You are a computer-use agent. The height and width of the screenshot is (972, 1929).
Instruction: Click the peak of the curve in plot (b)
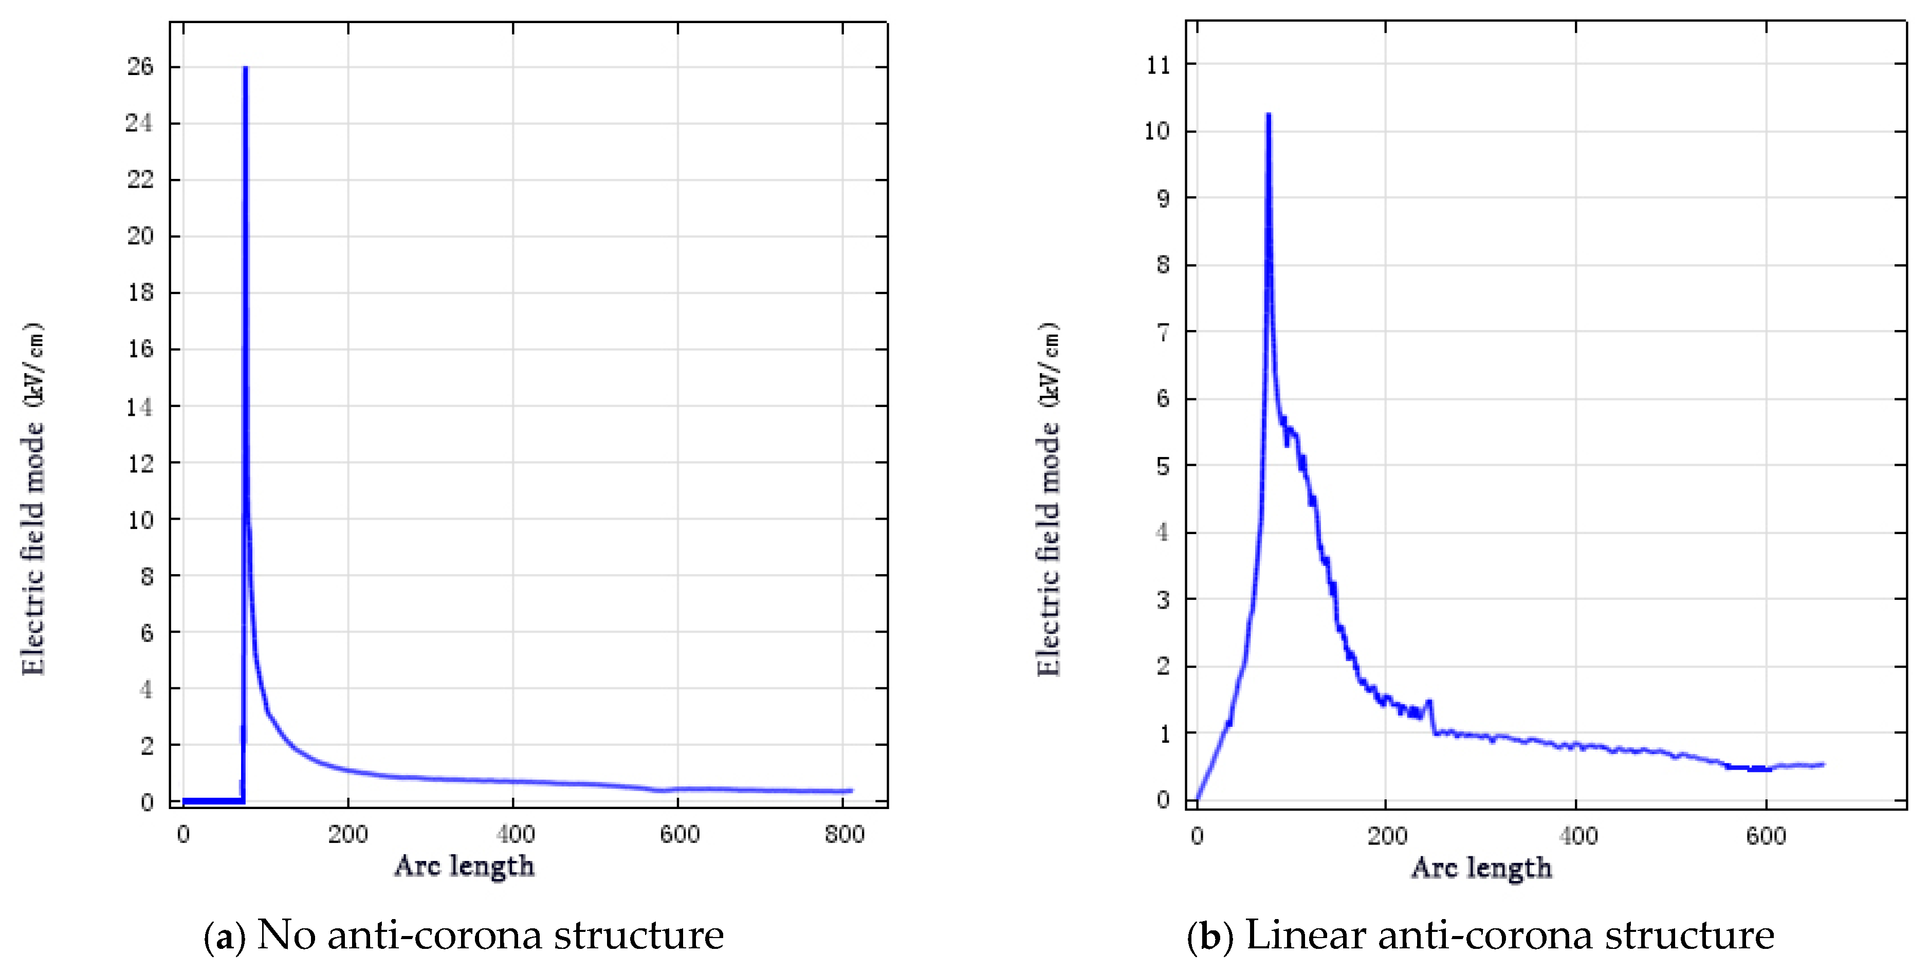1268,115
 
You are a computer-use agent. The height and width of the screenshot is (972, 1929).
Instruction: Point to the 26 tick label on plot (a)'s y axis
140,67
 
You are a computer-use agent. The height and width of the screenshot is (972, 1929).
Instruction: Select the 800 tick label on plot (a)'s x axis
844,834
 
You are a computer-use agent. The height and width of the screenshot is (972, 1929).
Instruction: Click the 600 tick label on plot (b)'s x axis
1766,836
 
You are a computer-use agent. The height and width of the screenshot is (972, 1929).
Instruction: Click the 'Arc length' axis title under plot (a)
464,867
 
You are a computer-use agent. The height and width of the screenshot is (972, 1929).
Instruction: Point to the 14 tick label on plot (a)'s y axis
139,407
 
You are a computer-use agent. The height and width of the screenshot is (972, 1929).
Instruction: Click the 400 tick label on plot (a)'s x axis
515,834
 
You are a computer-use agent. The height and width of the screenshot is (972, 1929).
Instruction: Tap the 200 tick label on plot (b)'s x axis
1386,836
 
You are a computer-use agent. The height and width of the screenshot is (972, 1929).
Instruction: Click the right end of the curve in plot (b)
1822,764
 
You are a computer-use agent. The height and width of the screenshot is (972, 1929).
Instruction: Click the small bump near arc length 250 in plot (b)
1429,703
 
